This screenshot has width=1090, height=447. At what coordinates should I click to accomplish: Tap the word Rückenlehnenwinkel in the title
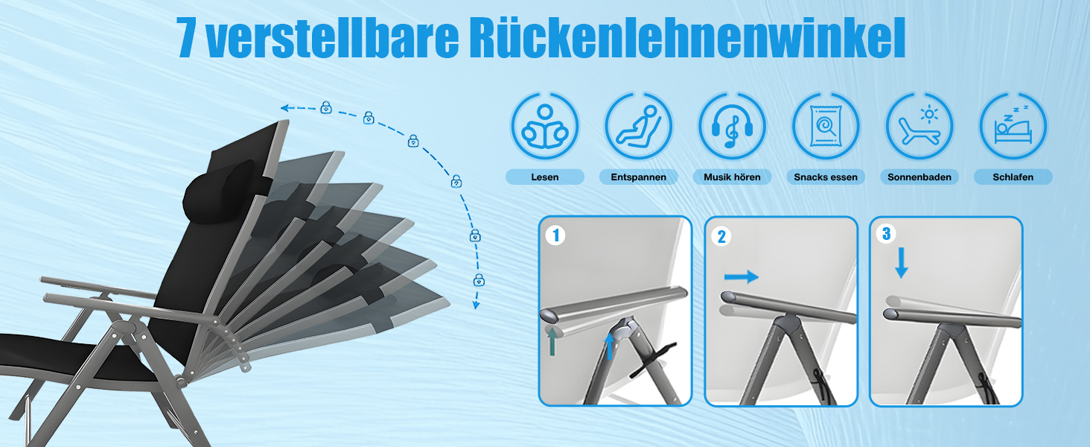coord(687,38)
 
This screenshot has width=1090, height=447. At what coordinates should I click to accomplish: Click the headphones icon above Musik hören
coord(732,126)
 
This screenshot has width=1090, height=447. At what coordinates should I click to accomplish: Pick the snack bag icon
coord(825,126)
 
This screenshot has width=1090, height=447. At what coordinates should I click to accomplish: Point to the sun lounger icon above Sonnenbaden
coord(919,126)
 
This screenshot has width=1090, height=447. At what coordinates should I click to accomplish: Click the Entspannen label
coord(638,177)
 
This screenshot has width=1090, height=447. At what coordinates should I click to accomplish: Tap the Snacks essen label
coord(825,177)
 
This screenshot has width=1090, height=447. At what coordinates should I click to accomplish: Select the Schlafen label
coord(1013,177)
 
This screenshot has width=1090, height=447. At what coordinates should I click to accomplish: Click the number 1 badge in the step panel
coord(555,235)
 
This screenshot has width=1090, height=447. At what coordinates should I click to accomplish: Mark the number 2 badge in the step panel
coord(721,237)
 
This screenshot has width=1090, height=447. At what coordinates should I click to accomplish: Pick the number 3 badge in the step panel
coord(886,234)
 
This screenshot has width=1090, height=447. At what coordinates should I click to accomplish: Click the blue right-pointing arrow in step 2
coord(741,276)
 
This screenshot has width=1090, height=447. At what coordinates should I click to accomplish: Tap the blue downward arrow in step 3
coord(901,262)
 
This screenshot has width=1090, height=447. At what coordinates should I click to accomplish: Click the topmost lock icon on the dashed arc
coord(326,107)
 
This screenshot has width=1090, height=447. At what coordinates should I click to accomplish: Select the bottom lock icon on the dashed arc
coord(479,280)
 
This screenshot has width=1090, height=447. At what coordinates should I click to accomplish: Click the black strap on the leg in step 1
coord(652,360)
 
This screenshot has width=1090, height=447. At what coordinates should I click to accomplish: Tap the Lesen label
coord(544,177)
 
